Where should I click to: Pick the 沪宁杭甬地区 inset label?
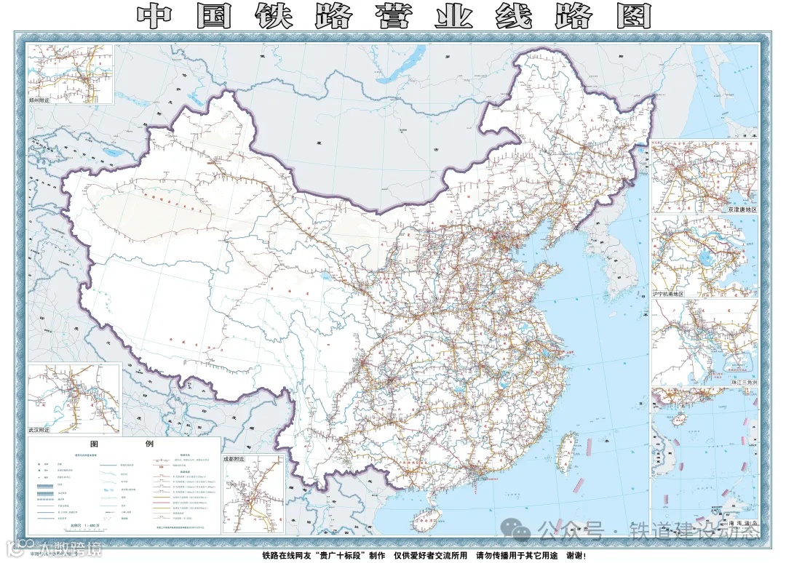pos(669,293)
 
